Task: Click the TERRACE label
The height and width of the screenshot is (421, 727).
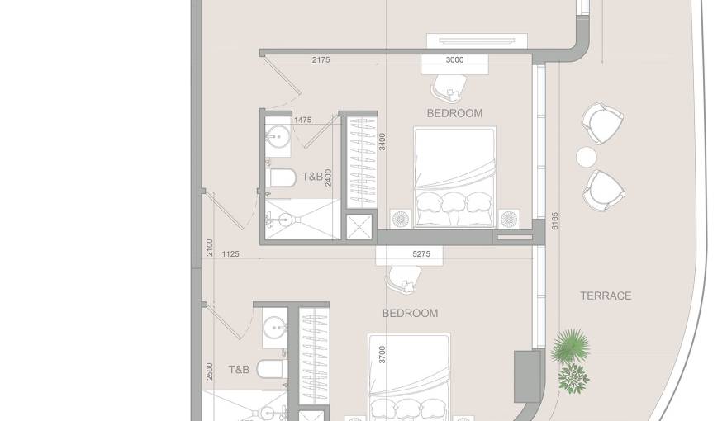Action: pyautogui.click(x=605, y=296)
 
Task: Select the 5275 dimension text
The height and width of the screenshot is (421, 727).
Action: pyautogui.click(x=421, y=254)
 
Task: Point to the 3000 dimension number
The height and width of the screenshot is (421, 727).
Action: pyautogui.click(x=454, y=59)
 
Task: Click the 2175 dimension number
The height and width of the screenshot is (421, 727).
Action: pyautogui.click(x=322, y=59)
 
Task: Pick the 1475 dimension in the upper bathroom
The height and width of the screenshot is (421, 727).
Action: pyautogui.click(x=302, y=121)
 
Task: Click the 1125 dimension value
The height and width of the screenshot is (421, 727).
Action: pyautogui.click(x=230, y=254)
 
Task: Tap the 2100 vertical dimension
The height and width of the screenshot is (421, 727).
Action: pyautogui.click(x=210, y=247)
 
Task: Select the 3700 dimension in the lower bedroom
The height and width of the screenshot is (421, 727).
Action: pyautogui.click(x=381, y=356)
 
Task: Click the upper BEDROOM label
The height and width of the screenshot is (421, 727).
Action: pyautogui.click(x=454, y=113)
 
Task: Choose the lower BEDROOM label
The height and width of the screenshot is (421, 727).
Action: pyautogui.click(x=410, y=313)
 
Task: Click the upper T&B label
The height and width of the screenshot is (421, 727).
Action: pyautogui.click(x=312, y=177)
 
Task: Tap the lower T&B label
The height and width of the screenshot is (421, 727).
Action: pyautogui.click(x=239, y=370)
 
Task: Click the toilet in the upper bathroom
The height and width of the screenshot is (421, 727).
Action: pyautogui.click(x=281, y=177)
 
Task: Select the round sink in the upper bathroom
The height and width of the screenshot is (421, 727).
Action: pyautogui.click(x=278, y=136)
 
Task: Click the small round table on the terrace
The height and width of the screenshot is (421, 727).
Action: pyautogui.click(x=586, y=156)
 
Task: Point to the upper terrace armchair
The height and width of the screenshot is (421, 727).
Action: pyautogui.click(x=602, y=122)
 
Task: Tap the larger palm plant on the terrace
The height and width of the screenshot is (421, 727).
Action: pyautogui.click(x=571, y=344)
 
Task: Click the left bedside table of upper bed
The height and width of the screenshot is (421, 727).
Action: pyautogui.click(x=402, y=219)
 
